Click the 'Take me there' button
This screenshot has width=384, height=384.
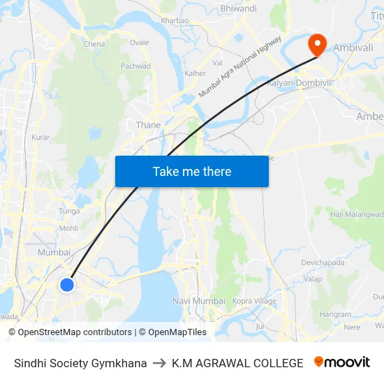(191, 171)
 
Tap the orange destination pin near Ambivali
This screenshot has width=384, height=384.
(317, 44)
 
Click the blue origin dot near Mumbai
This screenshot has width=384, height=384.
(67, 284)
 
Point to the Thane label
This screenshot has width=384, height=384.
(148, 125)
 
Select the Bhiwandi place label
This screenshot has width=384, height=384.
(238, 8)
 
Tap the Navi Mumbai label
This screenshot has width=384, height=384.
(199, 301)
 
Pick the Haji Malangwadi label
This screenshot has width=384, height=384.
(356, 214)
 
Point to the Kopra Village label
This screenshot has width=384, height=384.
(254, 301)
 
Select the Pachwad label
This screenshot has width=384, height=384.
(135, 66)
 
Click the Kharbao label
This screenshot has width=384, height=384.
(175, 20)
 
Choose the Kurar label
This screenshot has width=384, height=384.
(40, 138)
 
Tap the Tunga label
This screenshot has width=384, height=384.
(69, 211)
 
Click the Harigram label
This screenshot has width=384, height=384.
(336, 314)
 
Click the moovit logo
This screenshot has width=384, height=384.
(341, 362)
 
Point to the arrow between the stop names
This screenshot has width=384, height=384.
(159, 363)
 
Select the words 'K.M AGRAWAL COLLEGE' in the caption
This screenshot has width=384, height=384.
(237, 363)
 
